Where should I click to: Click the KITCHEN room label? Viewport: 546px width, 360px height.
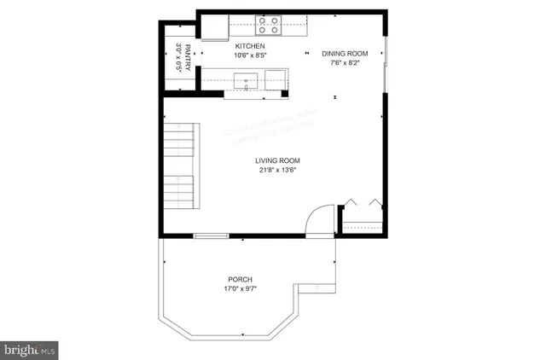point(251,46)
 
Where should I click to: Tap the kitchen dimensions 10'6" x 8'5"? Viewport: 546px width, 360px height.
point(251,55)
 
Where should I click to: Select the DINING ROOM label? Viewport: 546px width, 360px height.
point(345,54)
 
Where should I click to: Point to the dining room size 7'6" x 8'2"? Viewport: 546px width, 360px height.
point(345,63)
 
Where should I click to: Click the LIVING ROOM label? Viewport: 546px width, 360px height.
point(278,160)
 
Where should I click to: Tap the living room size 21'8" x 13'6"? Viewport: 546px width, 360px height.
point(278,170)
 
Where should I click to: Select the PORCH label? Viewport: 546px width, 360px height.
point(240,280)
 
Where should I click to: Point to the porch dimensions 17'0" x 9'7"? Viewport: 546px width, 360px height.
point(240,289)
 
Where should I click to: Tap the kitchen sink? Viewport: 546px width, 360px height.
point(246,81)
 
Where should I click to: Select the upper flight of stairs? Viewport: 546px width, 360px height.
point(180,138)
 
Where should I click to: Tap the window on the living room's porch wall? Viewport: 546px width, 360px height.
point(209,235)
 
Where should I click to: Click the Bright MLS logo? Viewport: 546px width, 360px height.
point(31,350)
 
